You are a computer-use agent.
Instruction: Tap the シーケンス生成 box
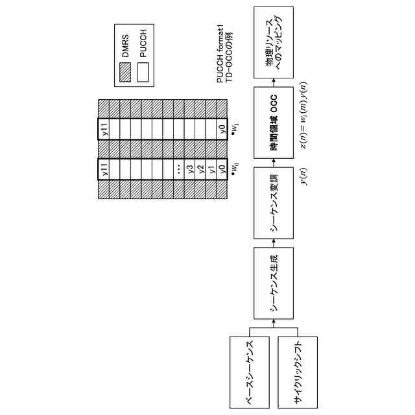(x=275, y=283)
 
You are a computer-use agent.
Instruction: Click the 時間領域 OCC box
(x=275, y=124)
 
